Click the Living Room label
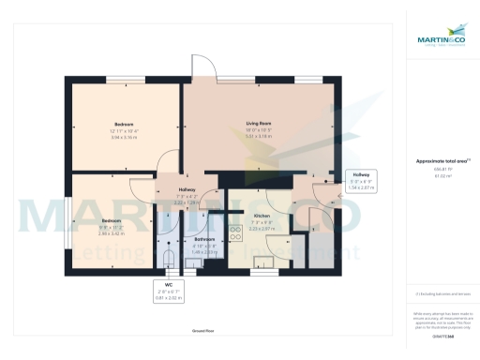pos(258,124)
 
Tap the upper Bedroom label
pos(124,125)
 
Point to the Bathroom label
pos(204,239)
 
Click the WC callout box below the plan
pos(169,291)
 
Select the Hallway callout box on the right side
pos(361,181)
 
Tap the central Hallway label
pos(186,189)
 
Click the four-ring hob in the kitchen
pos(235,235)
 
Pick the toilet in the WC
pos(169,257)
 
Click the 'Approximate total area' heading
pos(442,161)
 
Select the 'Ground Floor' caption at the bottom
pos(204,332)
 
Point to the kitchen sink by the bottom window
pos(265,263)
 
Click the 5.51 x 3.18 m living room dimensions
pos(258,137)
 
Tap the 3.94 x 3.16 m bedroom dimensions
pos(124,137)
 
